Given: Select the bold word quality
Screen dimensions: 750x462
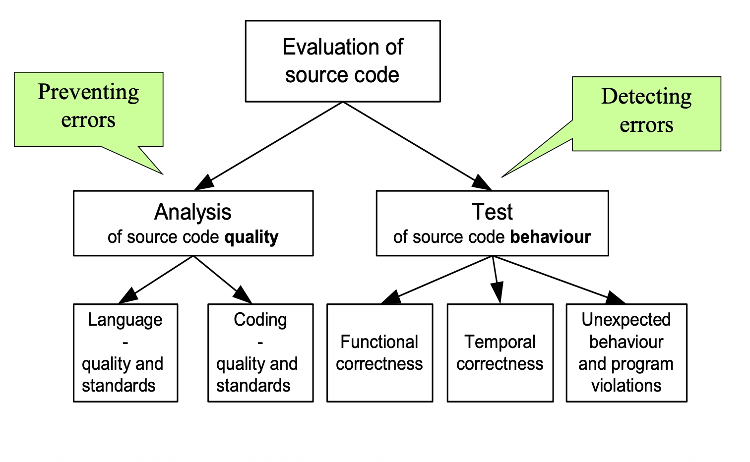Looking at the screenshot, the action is (251, 237).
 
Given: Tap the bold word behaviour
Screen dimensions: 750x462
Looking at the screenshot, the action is (550, 237).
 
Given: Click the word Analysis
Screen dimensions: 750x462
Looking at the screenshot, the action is (193, 212).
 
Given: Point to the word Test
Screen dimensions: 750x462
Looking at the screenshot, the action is (492, 212).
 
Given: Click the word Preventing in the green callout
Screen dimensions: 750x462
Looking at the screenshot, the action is (88, 92).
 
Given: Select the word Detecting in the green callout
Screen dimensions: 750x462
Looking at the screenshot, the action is (646, 97).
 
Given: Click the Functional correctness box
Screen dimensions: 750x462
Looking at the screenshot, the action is (379, 352).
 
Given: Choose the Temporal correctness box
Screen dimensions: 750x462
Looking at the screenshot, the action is (500, 352).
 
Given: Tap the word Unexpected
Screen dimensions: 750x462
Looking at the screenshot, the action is (626, 320).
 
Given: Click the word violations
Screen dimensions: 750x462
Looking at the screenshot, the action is (626, 385).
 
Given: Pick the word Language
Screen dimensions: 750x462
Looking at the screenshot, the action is (125, 320).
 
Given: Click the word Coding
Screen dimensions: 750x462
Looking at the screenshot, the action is (260, 320).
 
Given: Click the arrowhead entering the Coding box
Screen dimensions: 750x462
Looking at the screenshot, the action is (243, 295).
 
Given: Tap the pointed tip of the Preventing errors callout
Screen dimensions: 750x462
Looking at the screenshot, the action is (163, 174).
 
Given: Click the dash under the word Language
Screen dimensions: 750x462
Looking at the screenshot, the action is (125, 343).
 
